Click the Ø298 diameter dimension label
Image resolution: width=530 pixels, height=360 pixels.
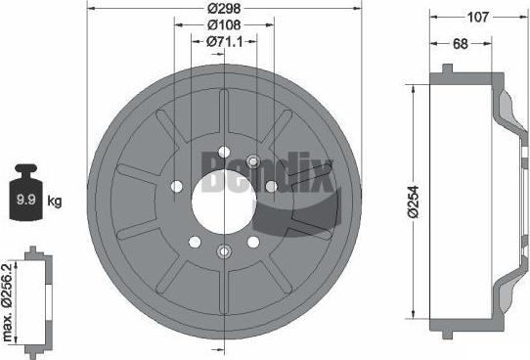(x=224, y=8)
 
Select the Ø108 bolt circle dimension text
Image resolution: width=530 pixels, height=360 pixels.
(x=224, y=24)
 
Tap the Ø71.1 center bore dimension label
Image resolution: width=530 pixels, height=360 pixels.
(x=225, y=42)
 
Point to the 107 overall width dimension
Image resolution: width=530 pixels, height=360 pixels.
(x=478, y=17)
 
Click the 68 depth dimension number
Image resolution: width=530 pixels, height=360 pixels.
(x=460, y=44)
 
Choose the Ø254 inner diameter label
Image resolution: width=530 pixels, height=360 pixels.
(x=413, y=202)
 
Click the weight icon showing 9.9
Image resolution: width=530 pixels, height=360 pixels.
(x=26, y=193)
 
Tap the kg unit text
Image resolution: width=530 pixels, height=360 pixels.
(x=55, y=201)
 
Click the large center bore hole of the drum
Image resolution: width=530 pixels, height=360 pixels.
(x=224, y=202)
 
